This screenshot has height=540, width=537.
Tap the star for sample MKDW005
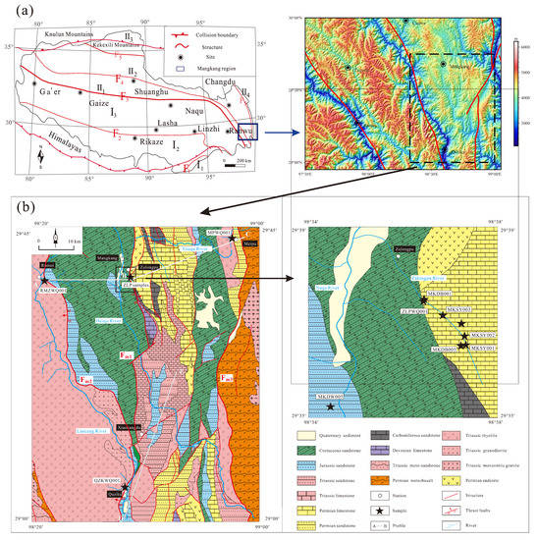point(332,406)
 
